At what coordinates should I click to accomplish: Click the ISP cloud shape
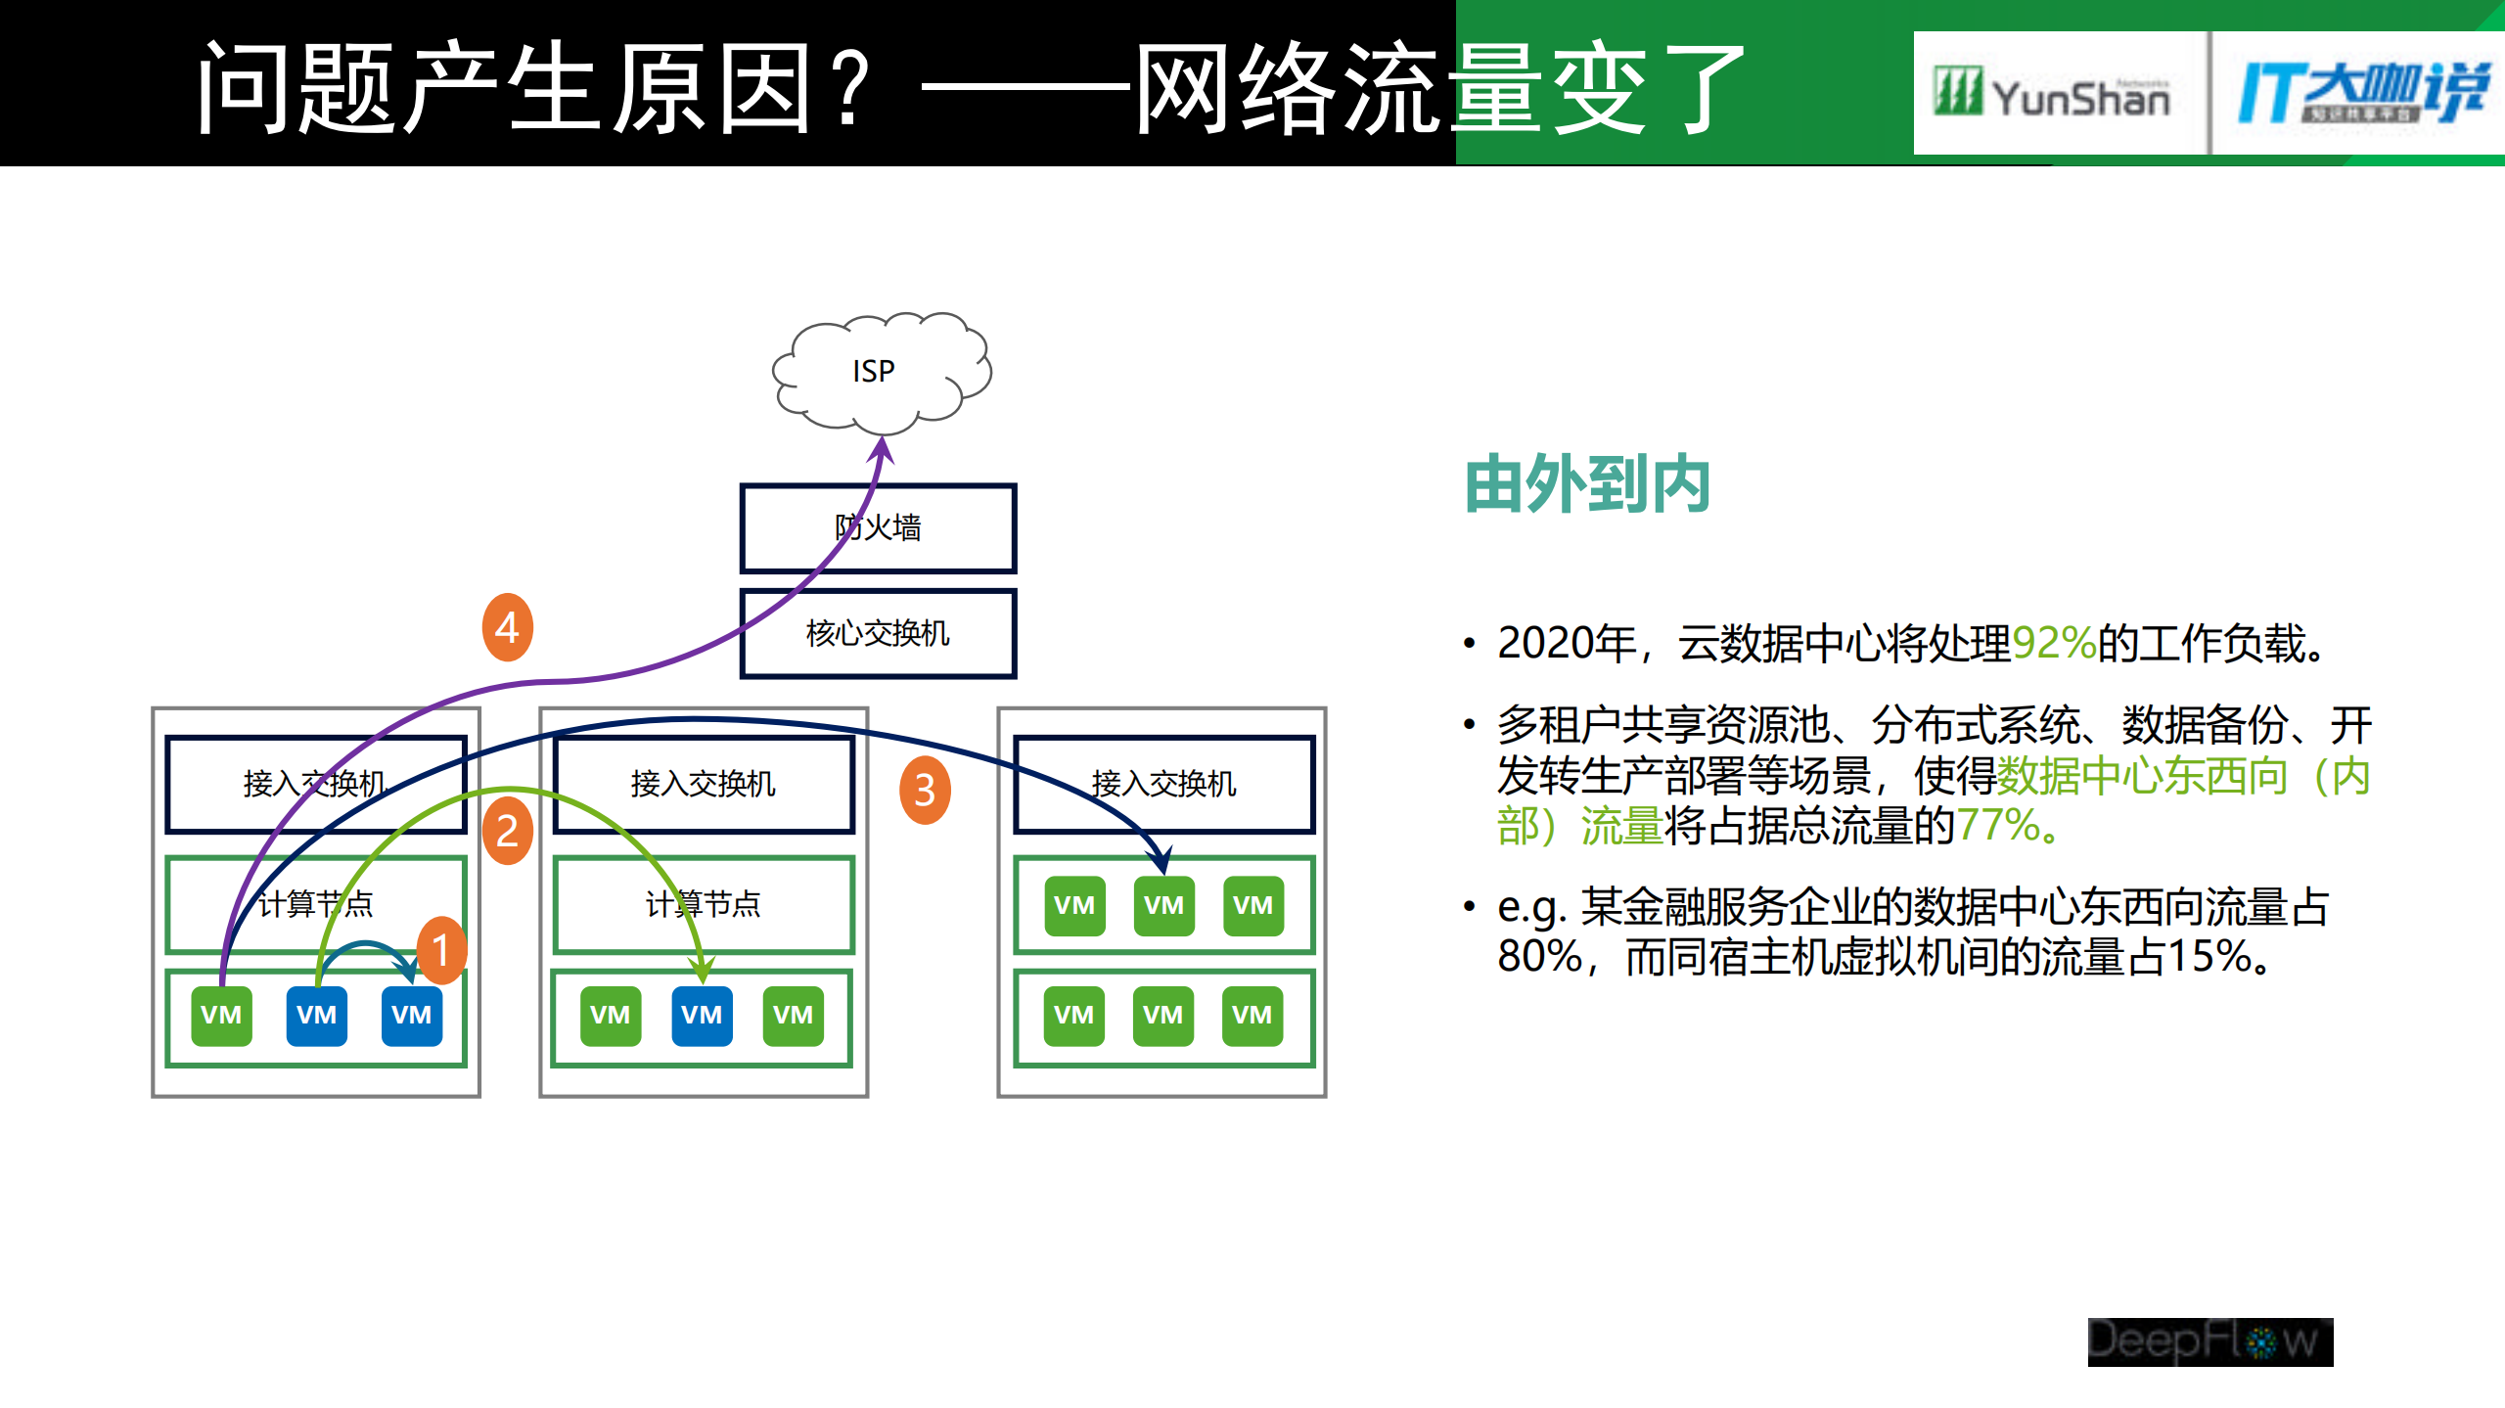[x=881, y=372]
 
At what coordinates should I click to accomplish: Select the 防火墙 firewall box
[x=878, y=528]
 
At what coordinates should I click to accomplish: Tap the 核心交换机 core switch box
[x=878, y=633]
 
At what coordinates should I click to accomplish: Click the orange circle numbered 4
[x=507, y=627]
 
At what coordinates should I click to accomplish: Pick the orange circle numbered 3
[x=925, y=790]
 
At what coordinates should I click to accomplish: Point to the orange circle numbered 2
[x=507, y=831]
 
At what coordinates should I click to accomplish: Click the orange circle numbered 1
[x=441, y=950]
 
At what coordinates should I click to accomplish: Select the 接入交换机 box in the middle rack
[x=704, y=784]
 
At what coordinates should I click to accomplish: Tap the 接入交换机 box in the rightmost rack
[x=1163, y=784]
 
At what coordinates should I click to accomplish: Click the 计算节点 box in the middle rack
[x=704, y=904]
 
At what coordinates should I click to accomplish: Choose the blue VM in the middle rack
[x=702, y=1015]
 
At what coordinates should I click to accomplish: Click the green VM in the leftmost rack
[x=221, y=1015]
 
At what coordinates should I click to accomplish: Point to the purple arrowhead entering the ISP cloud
[x=882, y=449]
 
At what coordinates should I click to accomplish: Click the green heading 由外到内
[x=1587, y=484]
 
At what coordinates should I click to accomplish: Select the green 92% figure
[x=2053, y=644]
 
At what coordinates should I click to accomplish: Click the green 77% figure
[x=1997, y=826]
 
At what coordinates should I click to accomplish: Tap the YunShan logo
[x=2053, y=94]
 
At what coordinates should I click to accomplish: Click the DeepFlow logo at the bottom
[x=2209, y=1341]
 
